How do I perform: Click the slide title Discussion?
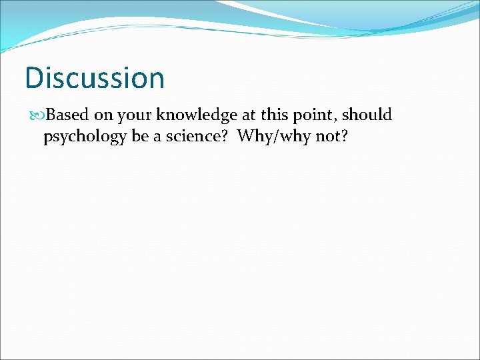(94, 77)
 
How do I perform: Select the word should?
(368, 115)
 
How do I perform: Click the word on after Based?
(105, 117)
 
